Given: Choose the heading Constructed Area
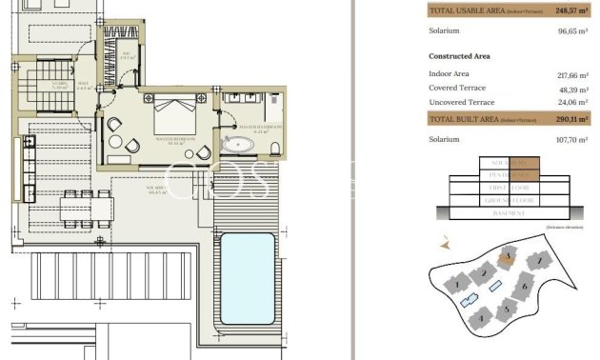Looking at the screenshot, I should [x=460, y=56].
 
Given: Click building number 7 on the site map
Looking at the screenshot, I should [x=540, y=259].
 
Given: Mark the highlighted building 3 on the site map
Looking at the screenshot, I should [x=510, y=255].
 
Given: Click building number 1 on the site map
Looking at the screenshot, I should [x=458, y=284].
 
